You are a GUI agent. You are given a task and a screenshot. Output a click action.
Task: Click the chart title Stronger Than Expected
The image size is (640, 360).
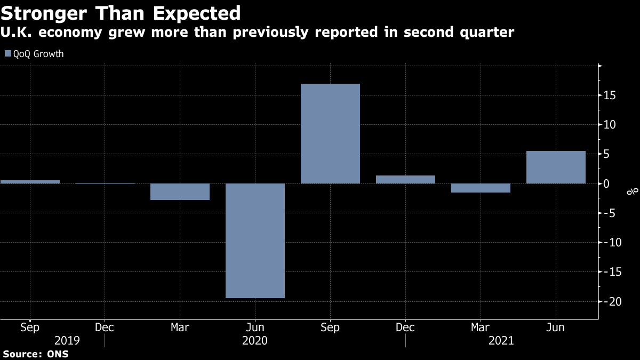[121, 12]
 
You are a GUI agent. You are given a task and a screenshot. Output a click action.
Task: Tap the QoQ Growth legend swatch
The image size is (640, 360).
[7, 54]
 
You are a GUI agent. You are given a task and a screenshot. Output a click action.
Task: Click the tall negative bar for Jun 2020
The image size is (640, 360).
[255, 241]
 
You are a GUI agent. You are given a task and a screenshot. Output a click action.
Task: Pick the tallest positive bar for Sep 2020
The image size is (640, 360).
[330, 133]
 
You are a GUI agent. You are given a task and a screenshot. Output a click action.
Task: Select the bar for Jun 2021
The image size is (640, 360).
[556, 167]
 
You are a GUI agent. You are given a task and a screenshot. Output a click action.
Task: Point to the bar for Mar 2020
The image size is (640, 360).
[180, 191]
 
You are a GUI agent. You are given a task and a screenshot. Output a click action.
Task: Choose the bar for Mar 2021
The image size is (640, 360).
[481, 188]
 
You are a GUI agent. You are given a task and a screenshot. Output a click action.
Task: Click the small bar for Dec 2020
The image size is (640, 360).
[405, 180]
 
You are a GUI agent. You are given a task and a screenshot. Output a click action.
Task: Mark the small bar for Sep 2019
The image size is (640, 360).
[30, 182]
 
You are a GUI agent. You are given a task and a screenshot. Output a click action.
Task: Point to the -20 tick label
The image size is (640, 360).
[609, 301]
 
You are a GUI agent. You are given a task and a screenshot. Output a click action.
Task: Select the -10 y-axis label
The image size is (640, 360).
[609, 243]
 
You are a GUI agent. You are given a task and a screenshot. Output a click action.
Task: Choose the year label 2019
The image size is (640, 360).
[67, 340]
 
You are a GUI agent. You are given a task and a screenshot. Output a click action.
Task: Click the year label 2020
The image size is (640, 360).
[255, 340]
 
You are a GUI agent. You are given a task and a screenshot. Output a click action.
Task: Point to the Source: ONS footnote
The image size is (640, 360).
[35, 354]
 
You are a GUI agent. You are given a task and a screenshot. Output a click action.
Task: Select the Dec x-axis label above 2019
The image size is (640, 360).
[105, 327]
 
